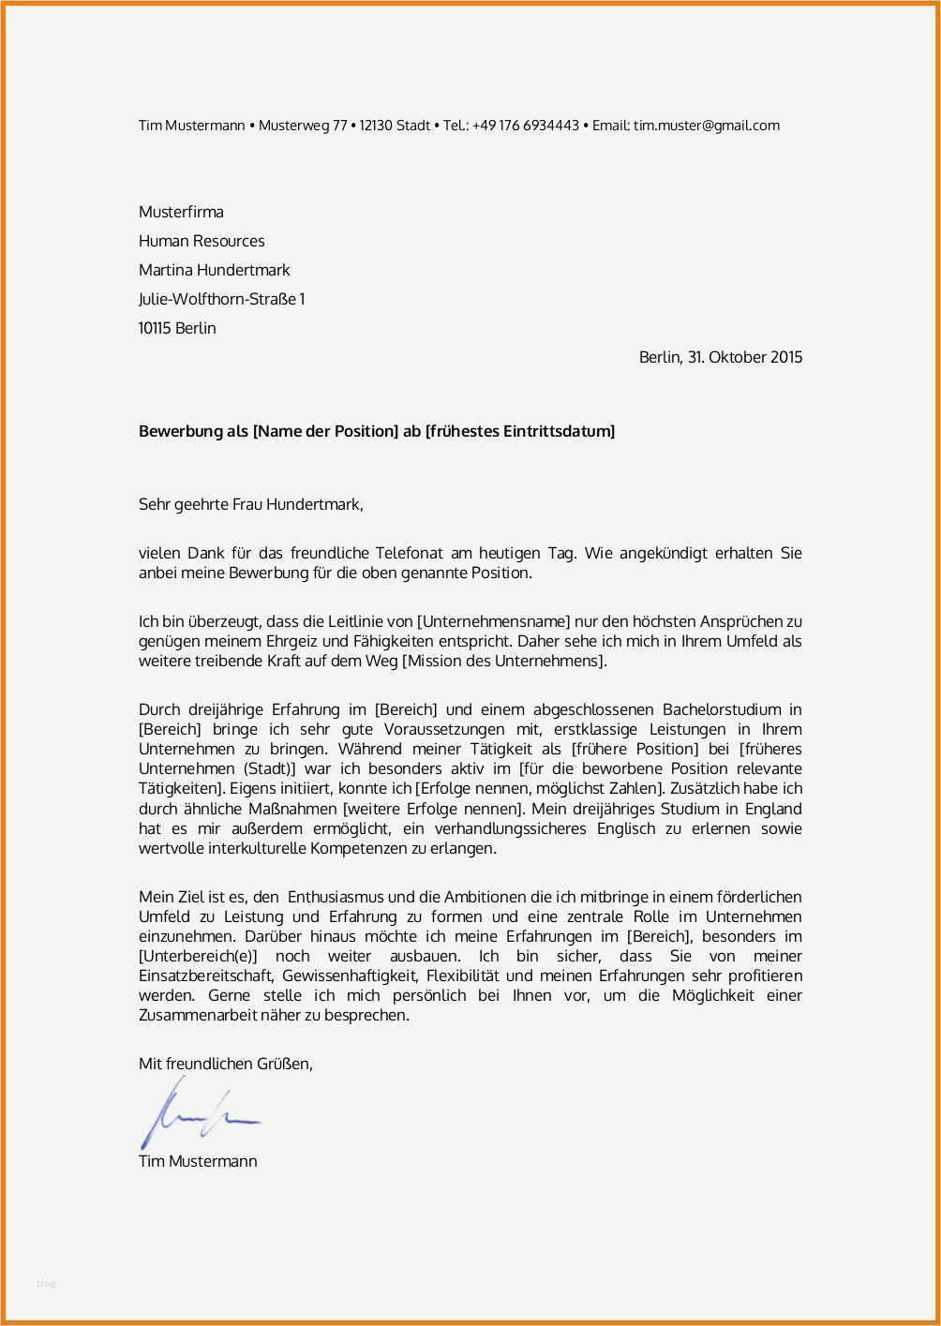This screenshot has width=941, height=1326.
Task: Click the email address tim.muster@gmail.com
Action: click(706, 126)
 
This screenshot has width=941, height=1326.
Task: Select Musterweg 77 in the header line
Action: click(303, 126)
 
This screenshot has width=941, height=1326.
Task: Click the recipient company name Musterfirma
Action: click(181, 212)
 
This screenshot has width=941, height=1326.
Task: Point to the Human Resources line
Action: click(202, 241)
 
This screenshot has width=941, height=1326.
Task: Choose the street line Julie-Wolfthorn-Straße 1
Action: click(221, 299)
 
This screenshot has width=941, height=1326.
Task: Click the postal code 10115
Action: click(155, 328)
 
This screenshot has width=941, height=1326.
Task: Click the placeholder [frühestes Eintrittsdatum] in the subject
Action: click(520, 431)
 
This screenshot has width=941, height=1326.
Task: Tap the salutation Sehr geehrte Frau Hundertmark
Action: click(250, 504)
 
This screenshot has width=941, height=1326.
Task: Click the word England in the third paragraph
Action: click(773, 808)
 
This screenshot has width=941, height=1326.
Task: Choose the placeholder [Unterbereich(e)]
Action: click(198, 956)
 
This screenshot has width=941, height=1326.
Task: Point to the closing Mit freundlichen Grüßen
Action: click(226, 1064)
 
